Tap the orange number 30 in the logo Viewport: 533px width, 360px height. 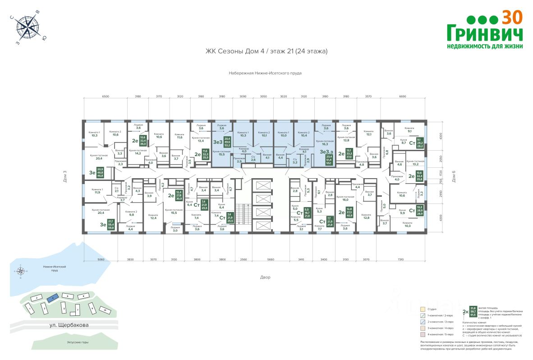[512, 17]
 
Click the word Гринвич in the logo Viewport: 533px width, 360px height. [485, 33]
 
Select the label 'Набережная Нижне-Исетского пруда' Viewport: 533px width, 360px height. [265, 73]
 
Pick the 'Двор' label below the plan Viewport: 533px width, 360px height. [265, 277]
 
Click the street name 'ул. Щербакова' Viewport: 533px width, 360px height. [69, 324]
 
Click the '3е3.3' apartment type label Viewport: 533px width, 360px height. [326, 153]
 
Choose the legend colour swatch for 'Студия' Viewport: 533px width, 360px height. [423, 309]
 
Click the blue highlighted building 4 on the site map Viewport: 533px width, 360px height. [53, 298]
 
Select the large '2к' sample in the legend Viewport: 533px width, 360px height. [465, 311]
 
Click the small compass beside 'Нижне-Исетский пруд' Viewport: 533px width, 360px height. [20, 271]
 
